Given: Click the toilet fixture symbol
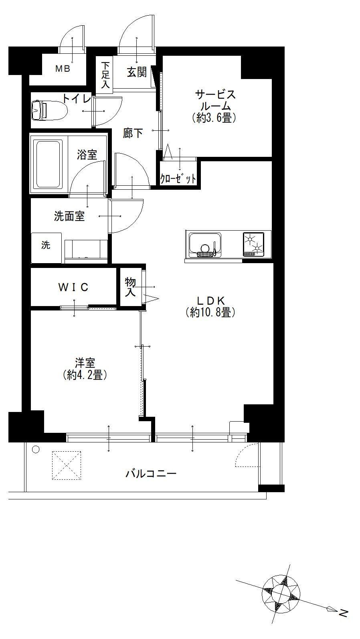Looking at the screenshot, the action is click(49, 110).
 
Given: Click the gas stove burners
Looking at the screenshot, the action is click(253, 244).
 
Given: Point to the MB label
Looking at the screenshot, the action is click(63, 69).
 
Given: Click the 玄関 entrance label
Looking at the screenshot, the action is click(137, 72).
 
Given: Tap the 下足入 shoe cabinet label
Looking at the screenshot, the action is click(105, 75).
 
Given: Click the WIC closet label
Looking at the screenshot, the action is click(73, 287).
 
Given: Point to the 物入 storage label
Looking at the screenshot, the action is click(130, 287).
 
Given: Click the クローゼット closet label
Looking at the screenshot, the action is click(178, 179).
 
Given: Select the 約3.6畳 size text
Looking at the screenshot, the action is click(214, 118).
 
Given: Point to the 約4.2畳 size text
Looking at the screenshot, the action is click(85, 375).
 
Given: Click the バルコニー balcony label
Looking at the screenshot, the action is click(151, 474).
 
